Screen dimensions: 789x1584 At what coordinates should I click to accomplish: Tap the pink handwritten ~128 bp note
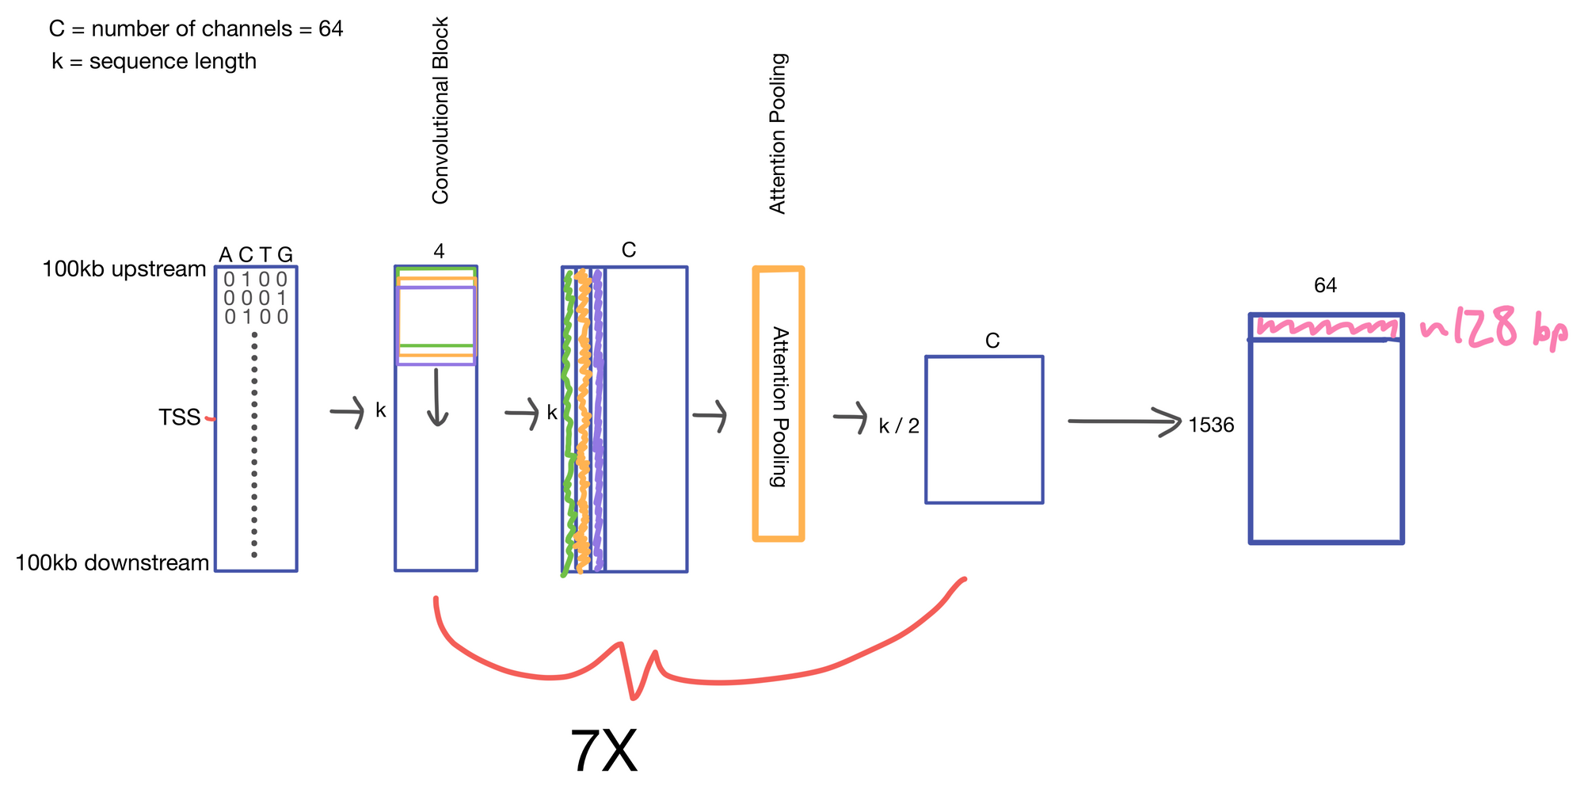(x=1494, y=328)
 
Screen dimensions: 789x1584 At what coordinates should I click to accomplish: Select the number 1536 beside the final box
(x=1211, y=425)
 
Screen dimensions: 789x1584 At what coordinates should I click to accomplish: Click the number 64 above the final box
(x=1325, y=285)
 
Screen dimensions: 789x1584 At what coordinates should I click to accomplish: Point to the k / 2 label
(x=899, y=426)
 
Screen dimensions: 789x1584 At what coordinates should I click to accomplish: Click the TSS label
(x=179, y=417)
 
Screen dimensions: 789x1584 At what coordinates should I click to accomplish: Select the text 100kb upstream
(x=124, y=269)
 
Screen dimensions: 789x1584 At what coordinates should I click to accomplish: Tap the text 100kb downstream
(x=112, y=563)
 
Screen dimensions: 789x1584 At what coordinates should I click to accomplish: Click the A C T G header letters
(x=255, y=254)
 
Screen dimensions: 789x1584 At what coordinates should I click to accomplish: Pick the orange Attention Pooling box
(x=779, y=404)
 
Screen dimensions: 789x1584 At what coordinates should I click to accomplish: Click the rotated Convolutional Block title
(x=440, y=111)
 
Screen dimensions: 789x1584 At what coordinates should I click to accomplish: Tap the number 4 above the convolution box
(x=439, y=251)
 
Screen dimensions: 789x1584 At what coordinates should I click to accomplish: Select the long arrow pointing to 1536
(x=1125, y=421)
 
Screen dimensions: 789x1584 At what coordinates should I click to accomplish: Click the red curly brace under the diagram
(x=634, y=673)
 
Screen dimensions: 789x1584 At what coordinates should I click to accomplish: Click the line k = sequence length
(x=154, y=61)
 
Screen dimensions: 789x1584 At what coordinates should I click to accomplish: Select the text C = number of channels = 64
(x=196, y=29)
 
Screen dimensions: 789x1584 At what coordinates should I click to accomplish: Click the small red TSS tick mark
(x=210, y=418)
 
